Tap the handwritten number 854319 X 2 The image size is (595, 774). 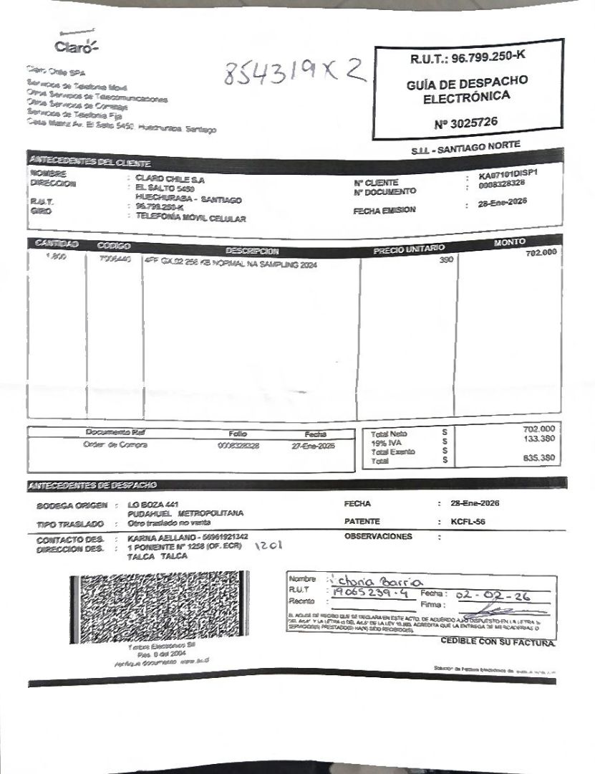click(x=294, y=72)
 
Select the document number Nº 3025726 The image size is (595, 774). click(x=465, y=123)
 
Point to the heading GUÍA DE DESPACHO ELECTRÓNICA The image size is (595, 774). click(x=466, y=88)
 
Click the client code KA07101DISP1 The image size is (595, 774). click(x=508, y=175)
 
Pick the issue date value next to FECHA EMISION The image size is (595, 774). click(x=502, y=202)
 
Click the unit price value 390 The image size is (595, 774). click(x=446, y=259)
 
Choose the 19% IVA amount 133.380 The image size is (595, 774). click(x=539, y=439)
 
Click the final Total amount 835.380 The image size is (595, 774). click(x=539, y=457)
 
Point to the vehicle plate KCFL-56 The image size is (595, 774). click(x=468, y=521)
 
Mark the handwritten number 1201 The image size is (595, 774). click(x=269, y=546)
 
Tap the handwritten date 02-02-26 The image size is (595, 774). click(x=487, y=594)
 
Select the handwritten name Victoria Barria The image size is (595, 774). click(x=375, y=580)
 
